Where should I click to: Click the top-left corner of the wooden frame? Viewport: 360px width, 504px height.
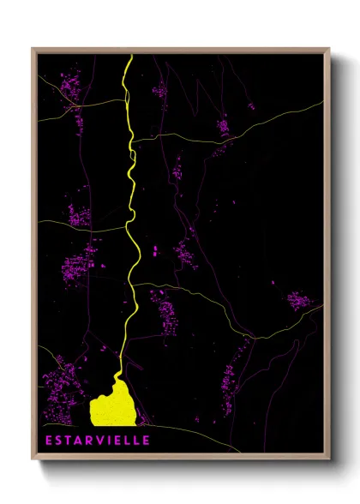click(x=33, y=49)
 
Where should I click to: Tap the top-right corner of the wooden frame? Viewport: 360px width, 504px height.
click(x=330, y=49)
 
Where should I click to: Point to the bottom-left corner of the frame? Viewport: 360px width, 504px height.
click(x=33, y=460)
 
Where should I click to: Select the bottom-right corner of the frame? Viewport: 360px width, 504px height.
click(x=330, y=460)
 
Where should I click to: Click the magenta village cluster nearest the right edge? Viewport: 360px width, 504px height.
click(x=299, y=301)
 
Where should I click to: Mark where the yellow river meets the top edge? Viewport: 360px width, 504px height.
click(x=129, y=56)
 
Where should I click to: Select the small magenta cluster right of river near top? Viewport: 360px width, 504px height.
click(x=159, y=90)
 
